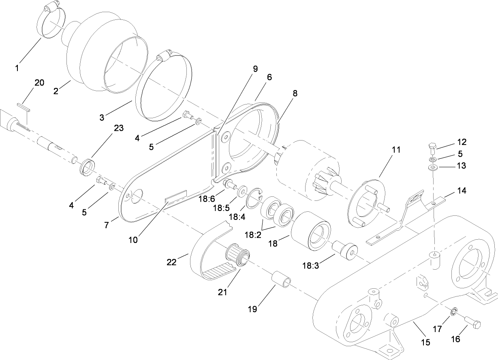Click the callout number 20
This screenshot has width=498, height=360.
pos(39,83)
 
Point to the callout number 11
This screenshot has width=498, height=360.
pos(395,150)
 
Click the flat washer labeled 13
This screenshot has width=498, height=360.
pos(433,167)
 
